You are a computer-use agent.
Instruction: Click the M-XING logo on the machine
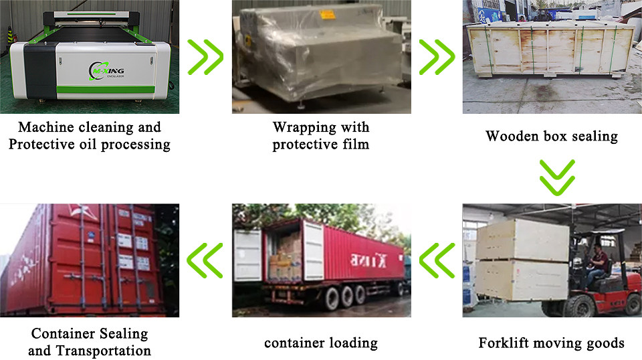click(106, 71)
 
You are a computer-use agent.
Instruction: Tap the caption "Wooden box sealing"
click(552, 136)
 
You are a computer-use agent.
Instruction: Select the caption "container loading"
click(321, 343)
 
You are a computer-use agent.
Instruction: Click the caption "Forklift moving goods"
click(552, 343)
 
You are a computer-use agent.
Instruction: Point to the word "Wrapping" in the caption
click(305, 127)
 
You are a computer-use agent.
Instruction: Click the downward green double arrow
click(557, 177)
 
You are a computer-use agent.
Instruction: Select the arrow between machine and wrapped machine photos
click(205, 57)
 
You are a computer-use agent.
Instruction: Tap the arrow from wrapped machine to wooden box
click(437, 57)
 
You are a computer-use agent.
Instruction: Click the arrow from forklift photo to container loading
click(437, 260)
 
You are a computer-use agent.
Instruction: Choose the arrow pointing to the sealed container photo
click(205, 260)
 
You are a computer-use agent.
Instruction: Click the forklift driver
click(597, 264)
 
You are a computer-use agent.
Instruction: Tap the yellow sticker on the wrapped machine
click(327, 14)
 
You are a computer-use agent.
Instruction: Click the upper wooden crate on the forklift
click(523, 240)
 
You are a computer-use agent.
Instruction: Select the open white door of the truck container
click(313, 251)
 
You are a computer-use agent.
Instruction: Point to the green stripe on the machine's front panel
click(105, 90)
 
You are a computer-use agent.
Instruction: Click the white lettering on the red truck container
click(368, 260)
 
